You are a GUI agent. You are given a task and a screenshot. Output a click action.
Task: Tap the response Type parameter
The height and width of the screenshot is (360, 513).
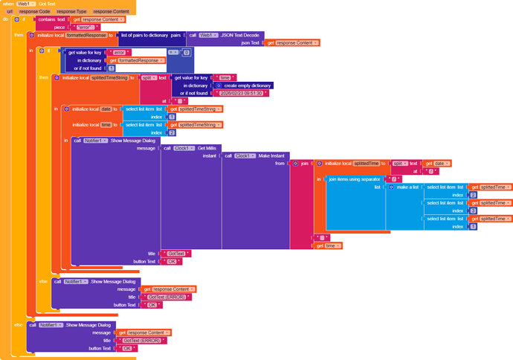click(71, 12)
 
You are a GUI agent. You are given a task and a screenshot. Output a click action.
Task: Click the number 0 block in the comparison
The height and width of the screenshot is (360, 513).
click(187, 53)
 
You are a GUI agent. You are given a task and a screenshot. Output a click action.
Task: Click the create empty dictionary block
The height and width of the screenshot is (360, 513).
click(242, 85)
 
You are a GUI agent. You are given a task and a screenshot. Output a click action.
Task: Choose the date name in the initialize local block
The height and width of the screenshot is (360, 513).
click(106, 109)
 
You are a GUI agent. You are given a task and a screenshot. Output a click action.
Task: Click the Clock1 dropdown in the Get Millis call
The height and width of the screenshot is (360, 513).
click(181, 147)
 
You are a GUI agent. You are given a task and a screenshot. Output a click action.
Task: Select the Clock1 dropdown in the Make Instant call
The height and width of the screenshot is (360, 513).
click(242, 155)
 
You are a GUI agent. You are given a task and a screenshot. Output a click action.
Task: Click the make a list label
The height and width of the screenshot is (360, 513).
click(407, 187)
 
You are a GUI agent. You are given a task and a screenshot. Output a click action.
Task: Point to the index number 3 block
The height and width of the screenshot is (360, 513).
click(473, 210)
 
